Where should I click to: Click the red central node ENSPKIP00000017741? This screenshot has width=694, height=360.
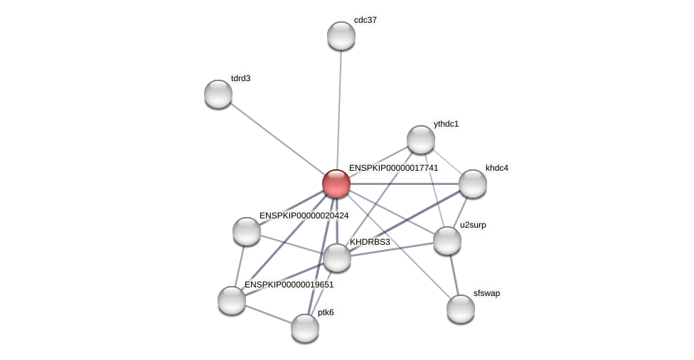[x=336, y=184]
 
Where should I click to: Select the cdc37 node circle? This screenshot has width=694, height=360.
[x=341, y=36]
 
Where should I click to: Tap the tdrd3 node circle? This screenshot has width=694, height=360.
[x=218, y=94]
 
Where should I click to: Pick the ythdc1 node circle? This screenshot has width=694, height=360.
[x=421, y=139]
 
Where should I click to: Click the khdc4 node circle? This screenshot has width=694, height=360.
[x=473, y=184]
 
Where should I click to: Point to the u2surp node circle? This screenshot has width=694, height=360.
[x=447, y=240]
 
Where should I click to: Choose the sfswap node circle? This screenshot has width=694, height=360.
[x=461, y=309]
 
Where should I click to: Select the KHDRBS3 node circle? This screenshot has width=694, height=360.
[x=337, y=258]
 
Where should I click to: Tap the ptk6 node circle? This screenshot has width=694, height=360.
[x=305, y=328]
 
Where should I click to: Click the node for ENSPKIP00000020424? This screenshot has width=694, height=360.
[x=247, y=231]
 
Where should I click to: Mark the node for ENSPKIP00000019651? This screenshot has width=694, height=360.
[x=232, y=300]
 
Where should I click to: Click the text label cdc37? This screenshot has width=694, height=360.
[x=365, y=20]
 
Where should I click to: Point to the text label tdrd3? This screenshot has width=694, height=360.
[x=240, y=78]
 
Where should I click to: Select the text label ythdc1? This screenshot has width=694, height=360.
[x=446, y=124]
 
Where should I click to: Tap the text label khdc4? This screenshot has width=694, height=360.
[x=497, y=168]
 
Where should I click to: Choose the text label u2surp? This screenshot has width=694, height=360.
[x=473, y=225]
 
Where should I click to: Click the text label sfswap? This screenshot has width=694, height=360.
[x=486, y=293]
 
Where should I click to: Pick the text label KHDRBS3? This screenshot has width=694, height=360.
[x=370, y=242]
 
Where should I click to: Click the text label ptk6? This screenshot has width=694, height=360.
[x=326, y=312]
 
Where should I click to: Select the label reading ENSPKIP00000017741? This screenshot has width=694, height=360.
[x=393, y=168]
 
